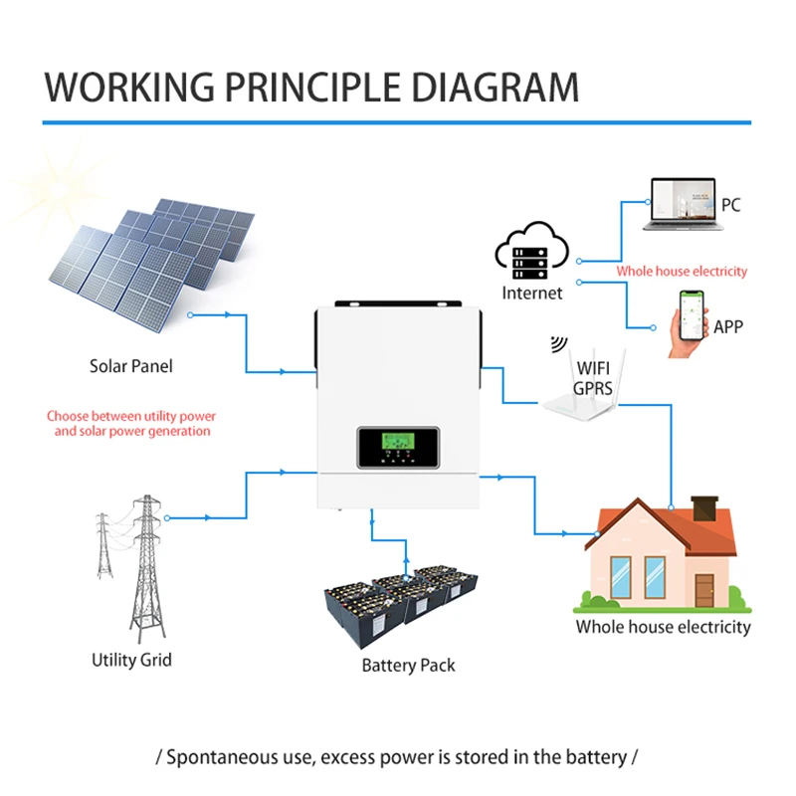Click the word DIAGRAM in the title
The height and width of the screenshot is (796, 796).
496,88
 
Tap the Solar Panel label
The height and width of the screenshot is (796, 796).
131,366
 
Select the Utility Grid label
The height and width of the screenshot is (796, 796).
131,660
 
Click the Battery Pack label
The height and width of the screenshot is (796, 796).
408,665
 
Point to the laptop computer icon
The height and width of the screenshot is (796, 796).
684,204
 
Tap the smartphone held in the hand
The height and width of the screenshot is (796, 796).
692,314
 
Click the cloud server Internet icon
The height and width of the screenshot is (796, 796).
531,251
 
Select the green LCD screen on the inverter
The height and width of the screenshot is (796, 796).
398,441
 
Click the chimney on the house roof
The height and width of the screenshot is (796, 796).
705,507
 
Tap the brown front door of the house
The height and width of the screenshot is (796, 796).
704,590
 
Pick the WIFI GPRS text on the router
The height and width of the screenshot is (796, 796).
593,378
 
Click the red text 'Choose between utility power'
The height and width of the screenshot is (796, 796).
131,416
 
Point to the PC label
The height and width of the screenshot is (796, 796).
731,205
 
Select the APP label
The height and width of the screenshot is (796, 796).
728,327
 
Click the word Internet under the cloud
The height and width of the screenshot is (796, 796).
532,293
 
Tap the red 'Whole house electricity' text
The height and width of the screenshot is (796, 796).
682,271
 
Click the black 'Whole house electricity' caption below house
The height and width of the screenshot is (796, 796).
663,627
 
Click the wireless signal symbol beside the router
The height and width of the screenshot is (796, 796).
559,343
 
